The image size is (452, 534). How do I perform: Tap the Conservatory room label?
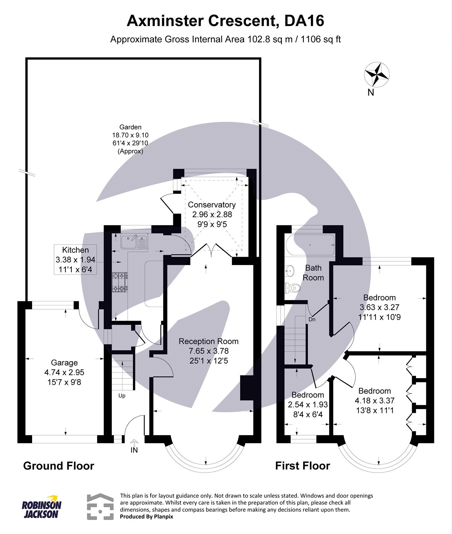click(x=212, y=205)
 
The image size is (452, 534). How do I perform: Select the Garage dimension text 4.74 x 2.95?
click(x=64, y=372)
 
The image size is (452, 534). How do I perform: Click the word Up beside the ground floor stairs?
click(x=122, y=396)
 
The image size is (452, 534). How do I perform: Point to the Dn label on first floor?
click(x=312, y=319)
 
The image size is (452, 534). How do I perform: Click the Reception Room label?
click(x=209, y=341)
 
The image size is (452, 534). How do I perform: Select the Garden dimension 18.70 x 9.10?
click(x=130, y=135)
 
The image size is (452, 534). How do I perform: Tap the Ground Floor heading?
click(x=59, y=466)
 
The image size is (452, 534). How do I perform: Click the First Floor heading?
click(x=302, y=466)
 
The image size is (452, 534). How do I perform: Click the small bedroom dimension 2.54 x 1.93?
click(x=308, y=405)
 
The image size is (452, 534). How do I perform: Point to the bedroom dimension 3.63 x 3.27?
click(x=379, y=307)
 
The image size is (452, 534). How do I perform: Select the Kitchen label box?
click(x=75, y=259)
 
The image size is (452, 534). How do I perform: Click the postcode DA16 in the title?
click(x=304, y=21)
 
